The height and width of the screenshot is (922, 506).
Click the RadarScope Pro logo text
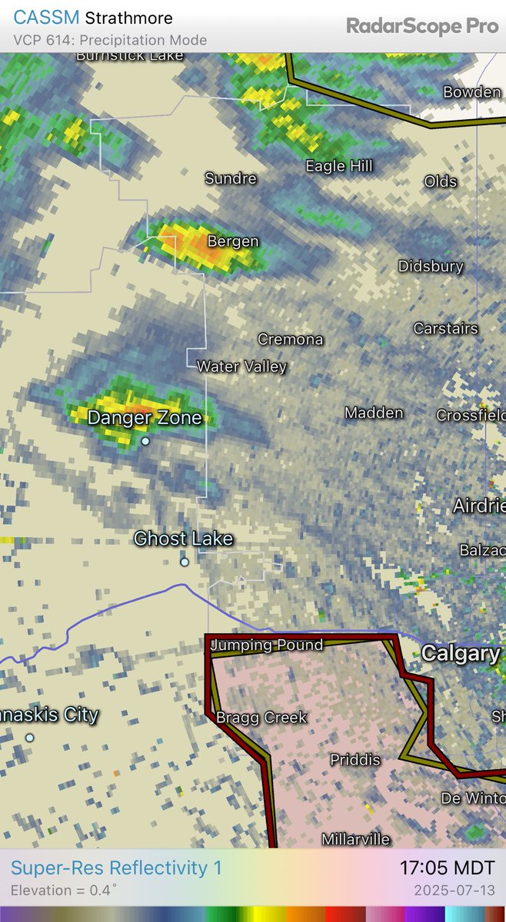(x=422, y=26)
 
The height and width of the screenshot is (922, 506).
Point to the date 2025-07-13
(x=455, y=890)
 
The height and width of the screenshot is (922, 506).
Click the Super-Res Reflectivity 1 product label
(x=116, y=868)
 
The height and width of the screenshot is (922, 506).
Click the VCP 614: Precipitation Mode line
(x=110, y=40)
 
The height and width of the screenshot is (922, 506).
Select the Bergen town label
(x=233, y=241)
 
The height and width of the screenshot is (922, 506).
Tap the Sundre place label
(x=230, y=178)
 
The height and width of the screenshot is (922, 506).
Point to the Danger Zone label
(x=145, y=418)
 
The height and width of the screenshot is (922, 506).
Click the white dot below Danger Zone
(x=145, y=441)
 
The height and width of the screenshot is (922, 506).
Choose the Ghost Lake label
(x=183, y=539)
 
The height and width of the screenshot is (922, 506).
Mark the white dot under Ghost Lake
(x=185, y=562)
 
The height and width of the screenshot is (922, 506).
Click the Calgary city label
(x=461, y=654)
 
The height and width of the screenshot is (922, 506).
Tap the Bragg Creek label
(x=261, y=718)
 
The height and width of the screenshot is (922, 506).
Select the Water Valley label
(x=241, y=366)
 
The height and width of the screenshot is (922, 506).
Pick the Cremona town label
(x=290, y=339)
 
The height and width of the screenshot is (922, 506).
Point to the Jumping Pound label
(x=266, y=645)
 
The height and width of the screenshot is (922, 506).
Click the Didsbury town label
(x=431, y=267)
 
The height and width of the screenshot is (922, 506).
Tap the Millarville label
(x=355, y=839)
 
